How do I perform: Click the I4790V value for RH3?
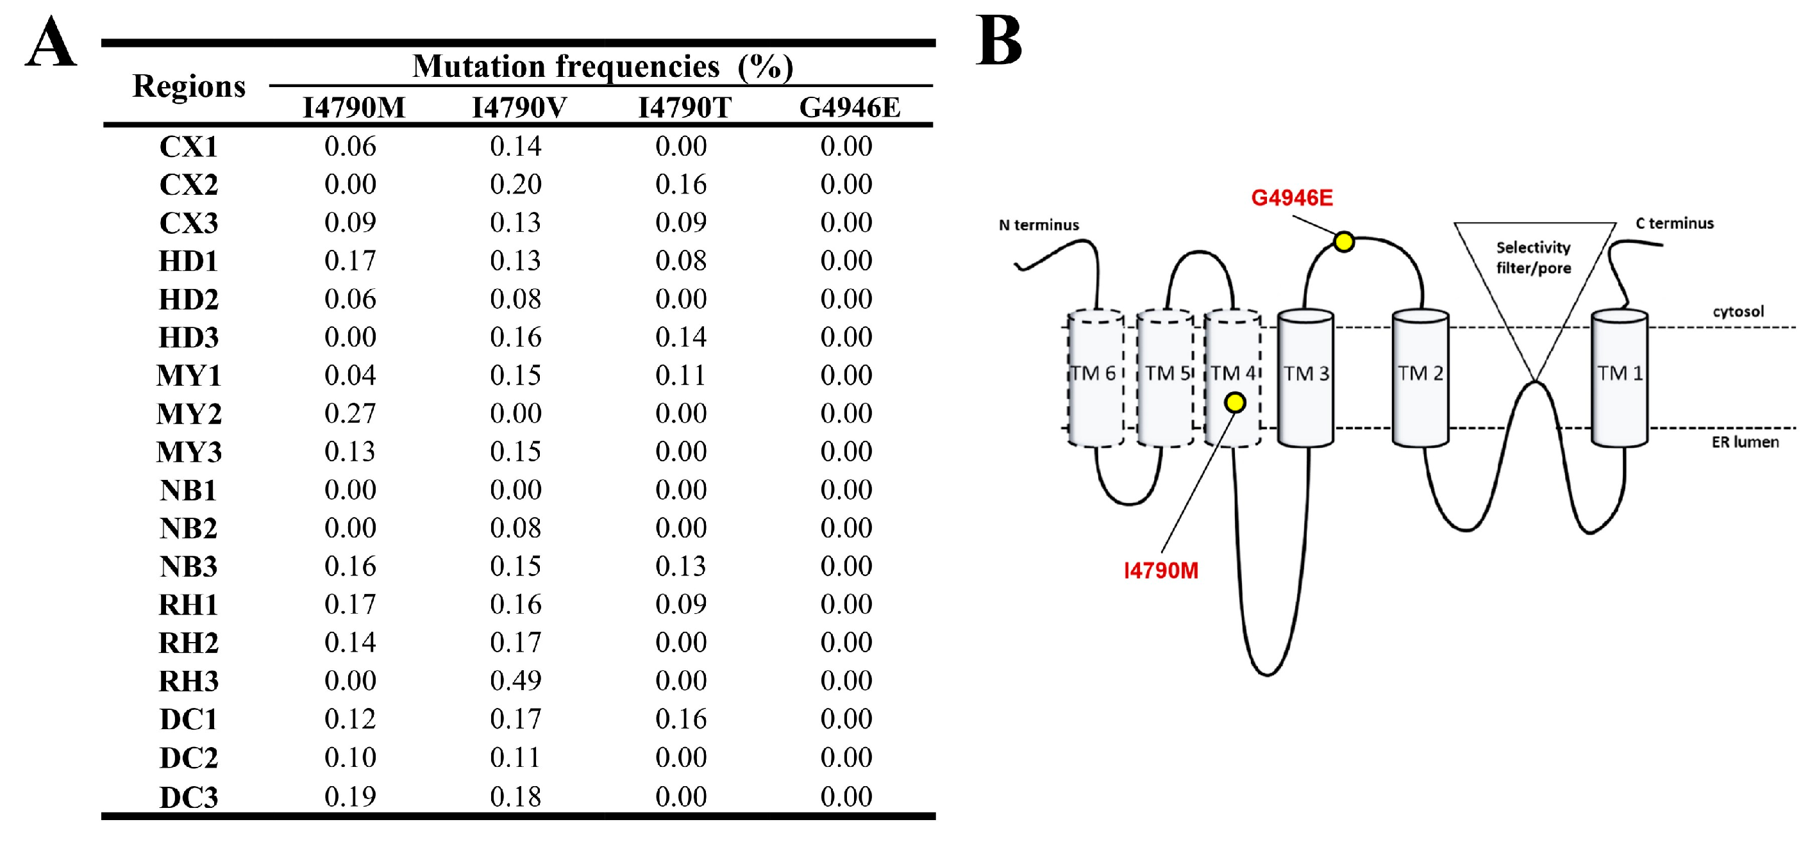[x=515, y=680]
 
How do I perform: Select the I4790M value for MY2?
[x=350, y=413]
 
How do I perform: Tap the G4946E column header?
[x=850, y=108]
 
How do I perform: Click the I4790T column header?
[x=684, y=108]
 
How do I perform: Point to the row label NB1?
[x=189, y=489]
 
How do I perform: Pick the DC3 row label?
[x=189, y=797]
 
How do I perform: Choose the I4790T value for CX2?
[x=681, y=184]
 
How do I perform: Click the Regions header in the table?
[x=189, y=86]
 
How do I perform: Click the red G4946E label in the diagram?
[x=1291, y=198]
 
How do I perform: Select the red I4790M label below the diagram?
[x=1161, y=570]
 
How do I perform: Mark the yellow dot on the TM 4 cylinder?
[x=1234, y=402]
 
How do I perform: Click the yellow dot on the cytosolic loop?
[x=1343, y=242]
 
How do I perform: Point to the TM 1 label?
[x=1620, y=373]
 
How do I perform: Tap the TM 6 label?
[x=1093, y=373]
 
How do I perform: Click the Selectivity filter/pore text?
[x=1533, y=257]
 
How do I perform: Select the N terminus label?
[x=1039, y=225]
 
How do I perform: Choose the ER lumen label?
[x=1745, y=442]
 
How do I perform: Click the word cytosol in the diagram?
[x=1738, y=311]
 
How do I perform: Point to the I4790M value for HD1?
[x=350, y=261]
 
